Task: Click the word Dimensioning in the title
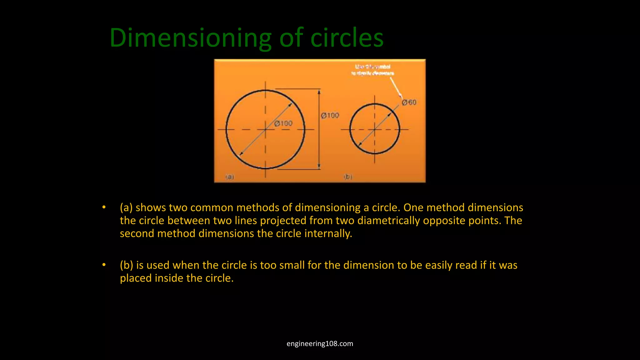coord(190,38)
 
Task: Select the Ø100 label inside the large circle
coord(283,123)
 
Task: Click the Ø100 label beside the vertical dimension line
coord(330,115)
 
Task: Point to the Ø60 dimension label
coord(409,102)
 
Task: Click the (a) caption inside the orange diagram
coord(230,177)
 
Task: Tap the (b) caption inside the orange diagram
coord(348,177)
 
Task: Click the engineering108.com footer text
coord(320,343)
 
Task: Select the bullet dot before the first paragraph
coord(104,207)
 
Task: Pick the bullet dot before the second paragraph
coord(104,265)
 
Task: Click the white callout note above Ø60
coord(372,70)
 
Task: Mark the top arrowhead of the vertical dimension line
coord(319,92)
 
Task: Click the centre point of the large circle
coord(265,129)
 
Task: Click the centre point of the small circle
coord(374,129)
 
